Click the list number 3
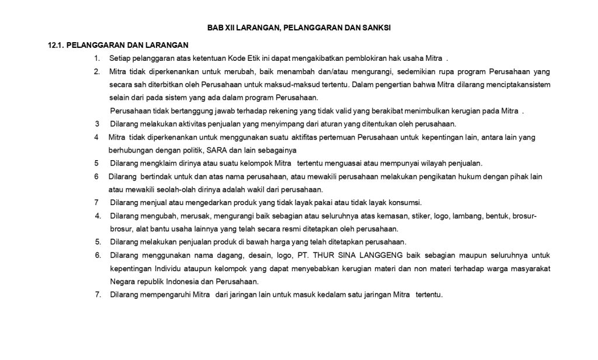pos(97,124)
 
